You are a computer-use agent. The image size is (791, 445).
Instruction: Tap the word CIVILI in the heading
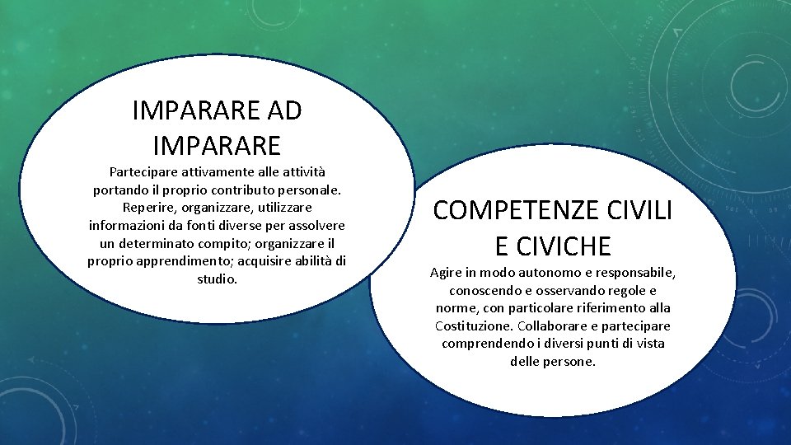[x=643, y=211]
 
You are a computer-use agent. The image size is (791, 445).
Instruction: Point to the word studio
[x=217, y=279]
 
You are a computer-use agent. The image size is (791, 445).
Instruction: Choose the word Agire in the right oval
[x=446, y=273]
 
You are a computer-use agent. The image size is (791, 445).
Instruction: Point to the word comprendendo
[x=481, y=344]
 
